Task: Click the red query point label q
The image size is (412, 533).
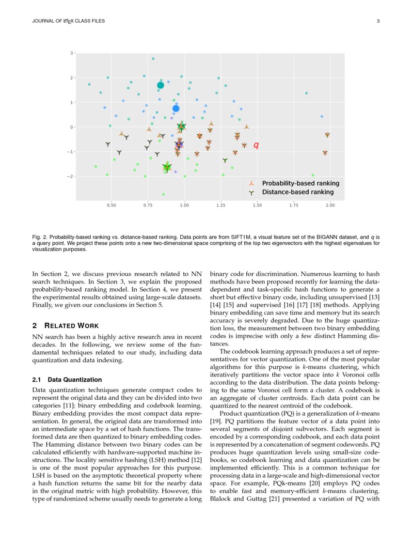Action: (256, 145)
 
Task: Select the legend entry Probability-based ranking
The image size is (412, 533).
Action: (300, 183)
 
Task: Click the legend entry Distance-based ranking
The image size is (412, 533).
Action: (297, 192)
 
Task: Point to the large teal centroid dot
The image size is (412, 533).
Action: (160, 85)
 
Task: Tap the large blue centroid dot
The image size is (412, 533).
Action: (176, 109)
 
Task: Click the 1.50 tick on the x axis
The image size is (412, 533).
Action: (257, 205)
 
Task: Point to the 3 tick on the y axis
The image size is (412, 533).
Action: (71, 53)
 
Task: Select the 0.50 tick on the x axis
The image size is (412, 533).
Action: (111, 205)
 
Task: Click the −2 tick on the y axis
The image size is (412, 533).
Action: (70, 176)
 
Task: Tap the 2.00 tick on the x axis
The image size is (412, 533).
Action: (330, 205)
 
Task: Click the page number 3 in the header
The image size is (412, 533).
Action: (378, 21)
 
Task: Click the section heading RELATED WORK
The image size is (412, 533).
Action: (73, 326)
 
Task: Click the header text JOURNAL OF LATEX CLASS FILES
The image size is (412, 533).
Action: (68, 21)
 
